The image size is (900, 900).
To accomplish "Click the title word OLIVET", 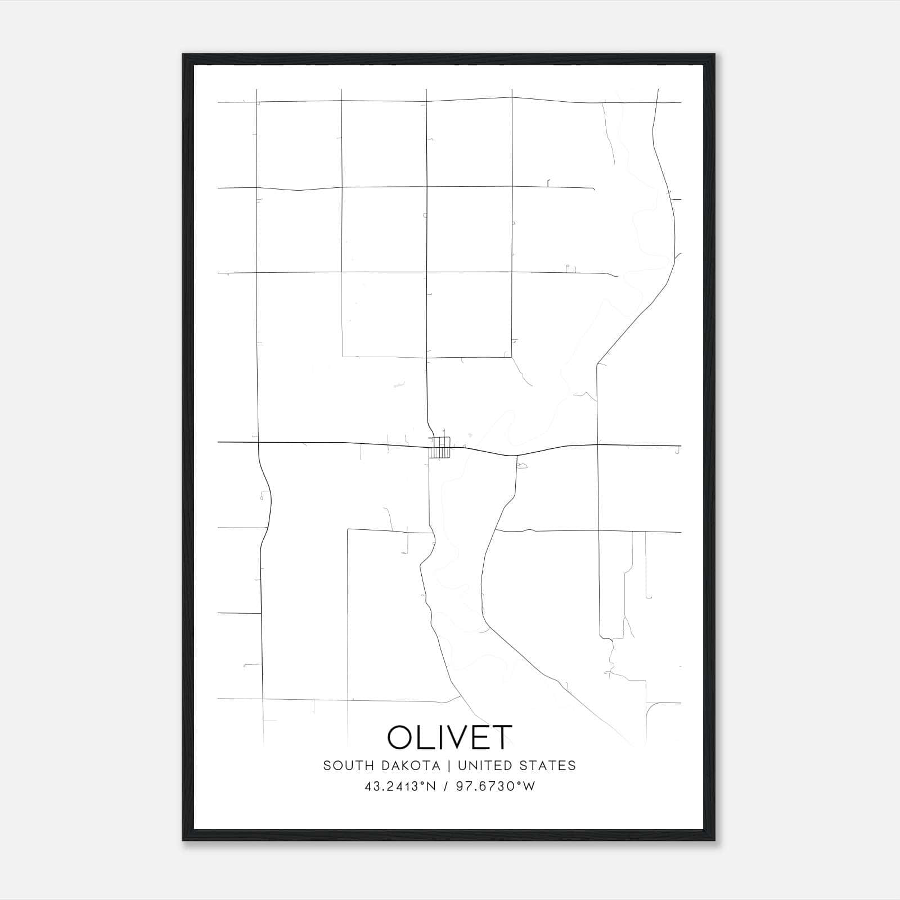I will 449,737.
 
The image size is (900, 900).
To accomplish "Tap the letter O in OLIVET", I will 400,737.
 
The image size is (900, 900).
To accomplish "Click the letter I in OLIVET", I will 442,737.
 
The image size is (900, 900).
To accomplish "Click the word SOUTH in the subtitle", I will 342,766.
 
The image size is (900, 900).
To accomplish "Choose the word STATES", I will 550,766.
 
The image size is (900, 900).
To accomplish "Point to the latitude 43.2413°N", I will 400,786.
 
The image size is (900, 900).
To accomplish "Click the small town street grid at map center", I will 439,447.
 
